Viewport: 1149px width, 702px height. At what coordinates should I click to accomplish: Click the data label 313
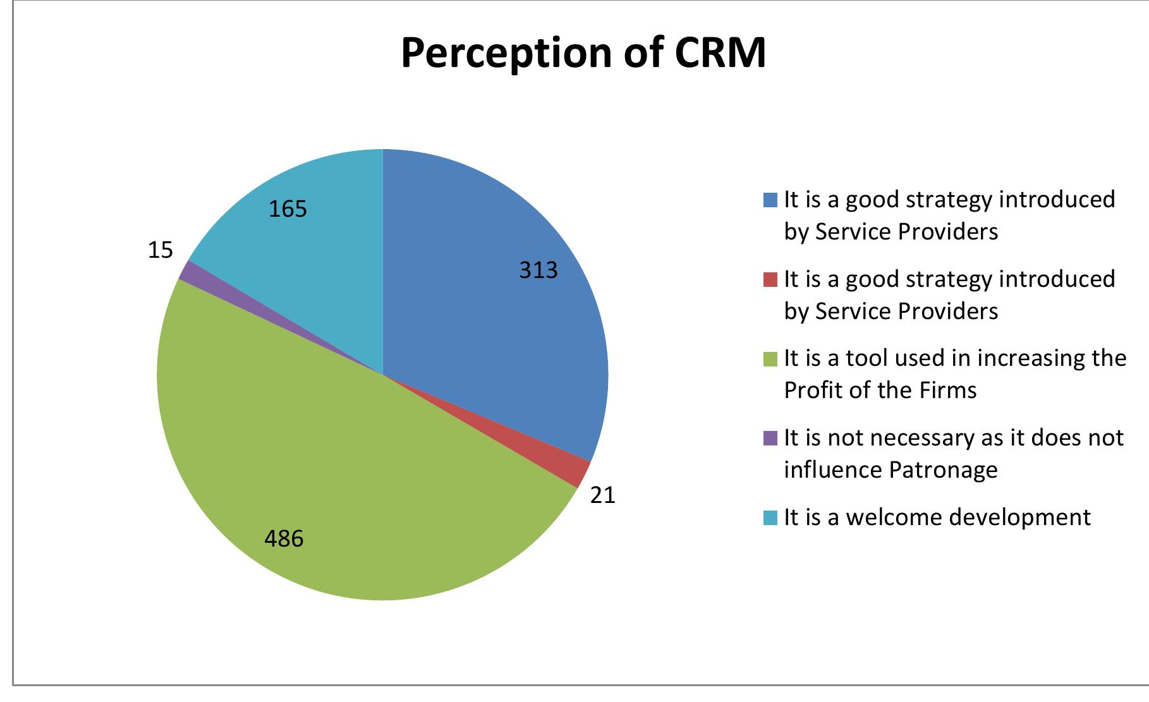click(x=538, y=270)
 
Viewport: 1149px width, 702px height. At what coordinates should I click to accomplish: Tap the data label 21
click(x=602, y=495)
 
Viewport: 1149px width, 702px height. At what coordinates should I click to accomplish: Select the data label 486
click(x=284, y=539)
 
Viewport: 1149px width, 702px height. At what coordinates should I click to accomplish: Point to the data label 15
click(x=160, y=251)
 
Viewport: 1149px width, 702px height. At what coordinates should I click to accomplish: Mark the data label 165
click(x=288, y=209)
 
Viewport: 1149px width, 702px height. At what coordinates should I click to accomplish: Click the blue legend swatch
click(x=770, y=200)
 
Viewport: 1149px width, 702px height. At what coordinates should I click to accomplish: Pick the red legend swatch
click(x=770, y=280)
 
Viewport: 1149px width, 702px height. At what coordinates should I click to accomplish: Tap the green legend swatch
click(x=770, y=359)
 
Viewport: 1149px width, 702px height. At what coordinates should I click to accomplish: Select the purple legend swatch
click(x=770, y=438)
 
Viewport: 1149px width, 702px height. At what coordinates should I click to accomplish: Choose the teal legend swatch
click(x=770, y=517)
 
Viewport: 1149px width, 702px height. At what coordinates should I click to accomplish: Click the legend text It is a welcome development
click(x=937, y=517)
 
